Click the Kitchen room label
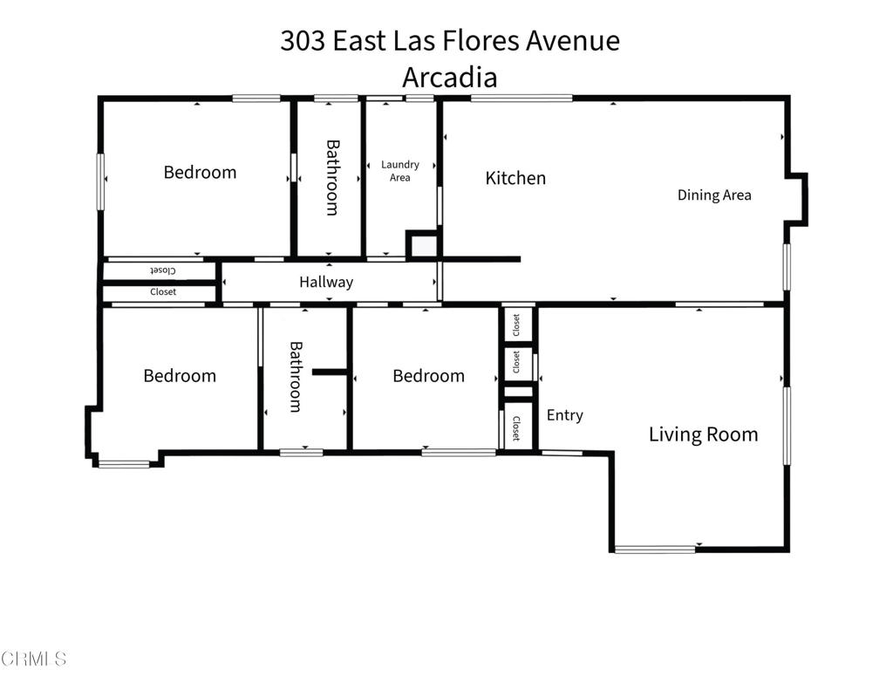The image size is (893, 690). tap(515, 178)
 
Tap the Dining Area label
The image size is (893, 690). tap(714, 195)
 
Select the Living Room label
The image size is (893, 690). tap(703, 434)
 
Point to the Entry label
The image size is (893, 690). tap(564, 415)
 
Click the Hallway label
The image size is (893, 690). tap(326, 282)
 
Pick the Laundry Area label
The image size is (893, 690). tap(400, 170)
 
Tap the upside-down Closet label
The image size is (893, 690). tap(163, 270)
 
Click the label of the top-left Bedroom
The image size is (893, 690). tap(200, 172)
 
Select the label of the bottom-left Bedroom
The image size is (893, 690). tap(180, 376)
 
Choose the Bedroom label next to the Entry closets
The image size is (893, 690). tap(428, 376)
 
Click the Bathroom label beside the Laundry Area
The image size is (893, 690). tap(331, 177)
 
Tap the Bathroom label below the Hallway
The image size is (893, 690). tap(295, 376)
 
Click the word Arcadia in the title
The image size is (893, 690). tap(449, 77)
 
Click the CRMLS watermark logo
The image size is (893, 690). tap(34, 659)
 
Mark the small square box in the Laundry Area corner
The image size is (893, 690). tap(423, 245)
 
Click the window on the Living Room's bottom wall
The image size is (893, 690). tap(655, 549)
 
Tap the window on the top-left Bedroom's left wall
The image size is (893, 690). tap(100, 181)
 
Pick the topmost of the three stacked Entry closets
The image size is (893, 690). tap(518, 325)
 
